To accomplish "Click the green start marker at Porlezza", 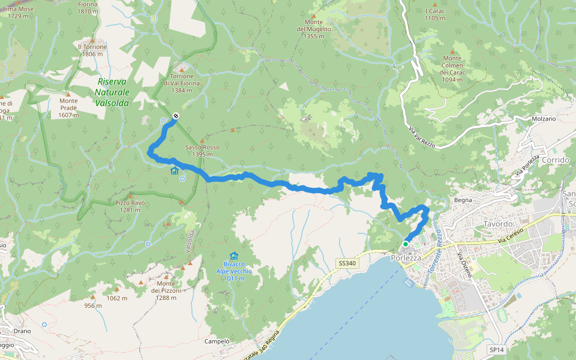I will tap(406, 244).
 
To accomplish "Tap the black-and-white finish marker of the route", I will tap(176, 116).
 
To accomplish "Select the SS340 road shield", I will tap(347, 263).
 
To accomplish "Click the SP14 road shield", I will tap(496, 349).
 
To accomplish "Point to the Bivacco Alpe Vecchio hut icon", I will tap(233, 256).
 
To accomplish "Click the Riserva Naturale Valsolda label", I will tap(112, 92).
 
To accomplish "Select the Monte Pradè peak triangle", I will tap(68, 94).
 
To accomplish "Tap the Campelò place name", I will tap(217, 341).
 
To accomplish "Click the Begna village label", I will tap(463, 200).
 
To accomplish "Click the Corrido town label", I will tap(554, 160).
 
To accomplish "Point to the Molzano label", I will tap(544, 119).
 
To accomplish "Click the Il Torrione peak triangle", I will tap(92, 39).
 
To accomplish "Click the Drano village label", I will tap(22, 331).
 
